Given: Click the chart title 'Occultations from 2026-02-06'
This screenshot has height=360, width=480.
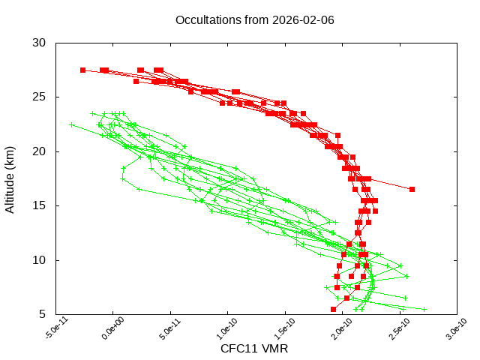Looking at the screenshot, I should [254, 19].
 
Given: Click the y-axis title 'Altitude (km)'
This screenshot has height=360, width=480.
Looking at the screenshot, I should [10, 178].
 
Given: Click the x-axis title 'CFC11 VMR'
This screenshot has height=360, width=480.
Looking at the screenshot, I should [254, 349].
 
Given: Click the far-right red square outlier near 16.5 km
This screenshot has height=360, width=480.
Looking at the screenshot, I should [412, 189].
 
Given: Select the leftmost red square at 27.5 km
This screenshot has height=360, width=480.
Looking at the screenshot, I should [82, 70].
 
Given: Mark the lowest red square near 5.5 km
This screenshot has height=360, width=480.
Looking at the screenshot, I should [334, 309].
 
